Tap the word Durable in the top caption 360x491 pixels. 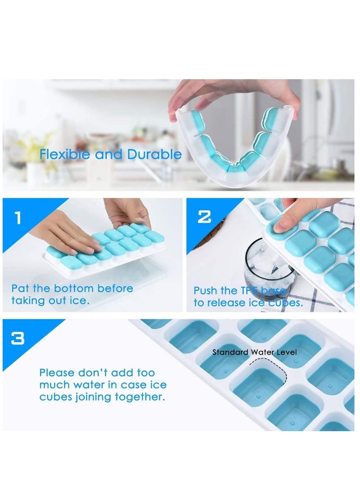click(154, 154)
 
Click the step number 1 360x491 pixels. click(18, 218)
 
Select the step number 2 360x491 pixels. click(204, 216)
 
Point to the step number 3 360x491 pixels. click(18, 338)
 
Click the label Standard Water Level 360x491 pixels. click(255, 352)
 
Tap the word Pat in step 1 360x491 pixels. click(20, 288)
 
